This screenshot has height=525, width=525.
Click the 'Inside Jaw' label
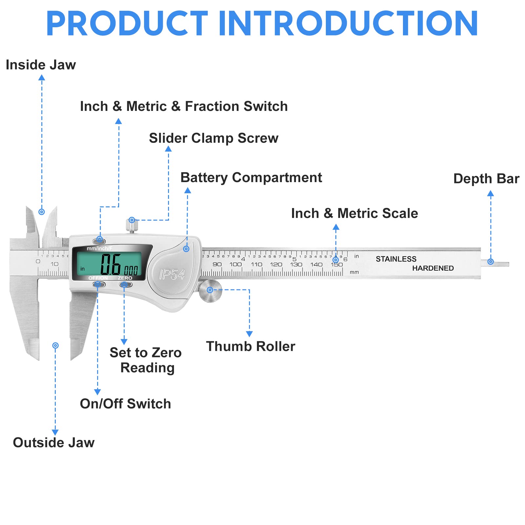pyautogui.click(x=41, y=65)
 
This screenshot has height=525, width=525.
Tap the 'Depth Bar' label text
pyautogui.click(x=486, y=179)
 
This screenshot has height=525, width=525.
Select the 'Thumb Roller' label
pyautogui.click(x=250, y=346)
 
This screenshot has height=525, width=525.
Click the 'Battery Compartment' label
pyautogui.click(x=251, y=178)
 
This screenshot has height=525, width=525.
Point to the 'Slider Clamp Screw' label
pyautogui.click(x=214, y=138)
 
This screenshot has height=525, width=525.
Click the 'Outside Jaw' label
pyautogui.click(x=53, y=442)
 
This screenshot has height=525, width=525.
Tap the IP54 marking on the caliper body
pyautogui.click(x=172, y=274)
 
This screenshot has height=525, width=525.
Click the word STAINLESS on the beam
pyautogui.click(x=396, y=259)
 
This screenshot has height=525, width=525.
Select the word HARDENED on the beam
pyautogui.click(x=433, y=268)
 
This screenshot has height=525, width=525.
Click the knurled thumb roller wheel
pyautogui.click(x=210, y=291)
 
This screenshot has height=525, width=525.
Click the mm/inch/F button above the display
pyautogui.click(x=99, y=241)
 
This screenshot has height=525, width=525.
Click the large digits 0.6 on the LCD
pyautogui.click(x=111, y=264)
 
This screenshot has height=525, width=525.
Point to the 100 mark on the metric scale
pyautogui.click(x=235, y=264)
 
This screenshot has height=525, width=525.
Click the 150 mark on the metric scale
pyautogui.click(x=337, y=265)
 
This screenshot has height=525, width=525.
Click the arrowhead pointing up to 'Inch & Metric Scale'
pyautogui.click(x=336, y=227)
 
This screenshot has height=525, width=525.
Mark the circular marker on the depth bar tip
pyautogui.click(x=490, y=262)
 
